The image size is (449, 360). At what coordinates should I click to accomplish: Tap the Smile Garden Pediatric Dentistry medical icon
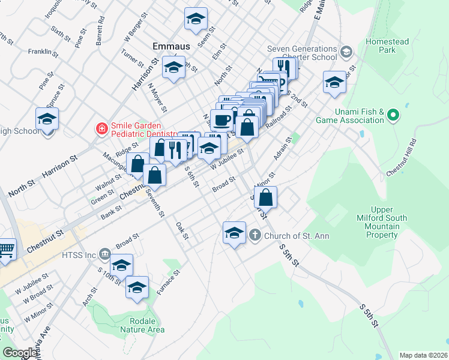tap(101, 128)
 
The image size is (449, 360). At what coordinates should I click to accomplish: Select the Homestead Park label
tap(387, 46)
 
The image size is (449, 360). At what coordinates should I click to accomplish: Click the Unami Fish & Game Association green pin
tap(394, 114)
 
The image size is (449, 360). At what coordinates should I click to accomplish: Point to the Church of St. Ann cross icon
tap(255, 235)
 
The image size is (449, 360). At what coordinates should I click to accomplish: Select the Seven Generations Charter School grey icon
tap(345, 52)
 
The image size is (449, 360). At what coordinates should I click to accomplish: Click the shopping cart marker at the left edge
tap(7, 248)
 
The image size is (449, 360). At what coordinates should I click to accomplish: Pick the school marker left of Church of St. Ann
tap(234, 233)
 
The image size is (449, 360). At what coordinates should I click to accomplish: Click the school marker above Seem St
tap(196, 19)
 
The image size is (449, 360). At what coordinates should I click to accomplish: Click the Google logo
tap(20, 353)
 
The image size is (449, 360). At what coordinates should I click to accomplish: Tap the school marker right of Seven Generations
tap(334, 83)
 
